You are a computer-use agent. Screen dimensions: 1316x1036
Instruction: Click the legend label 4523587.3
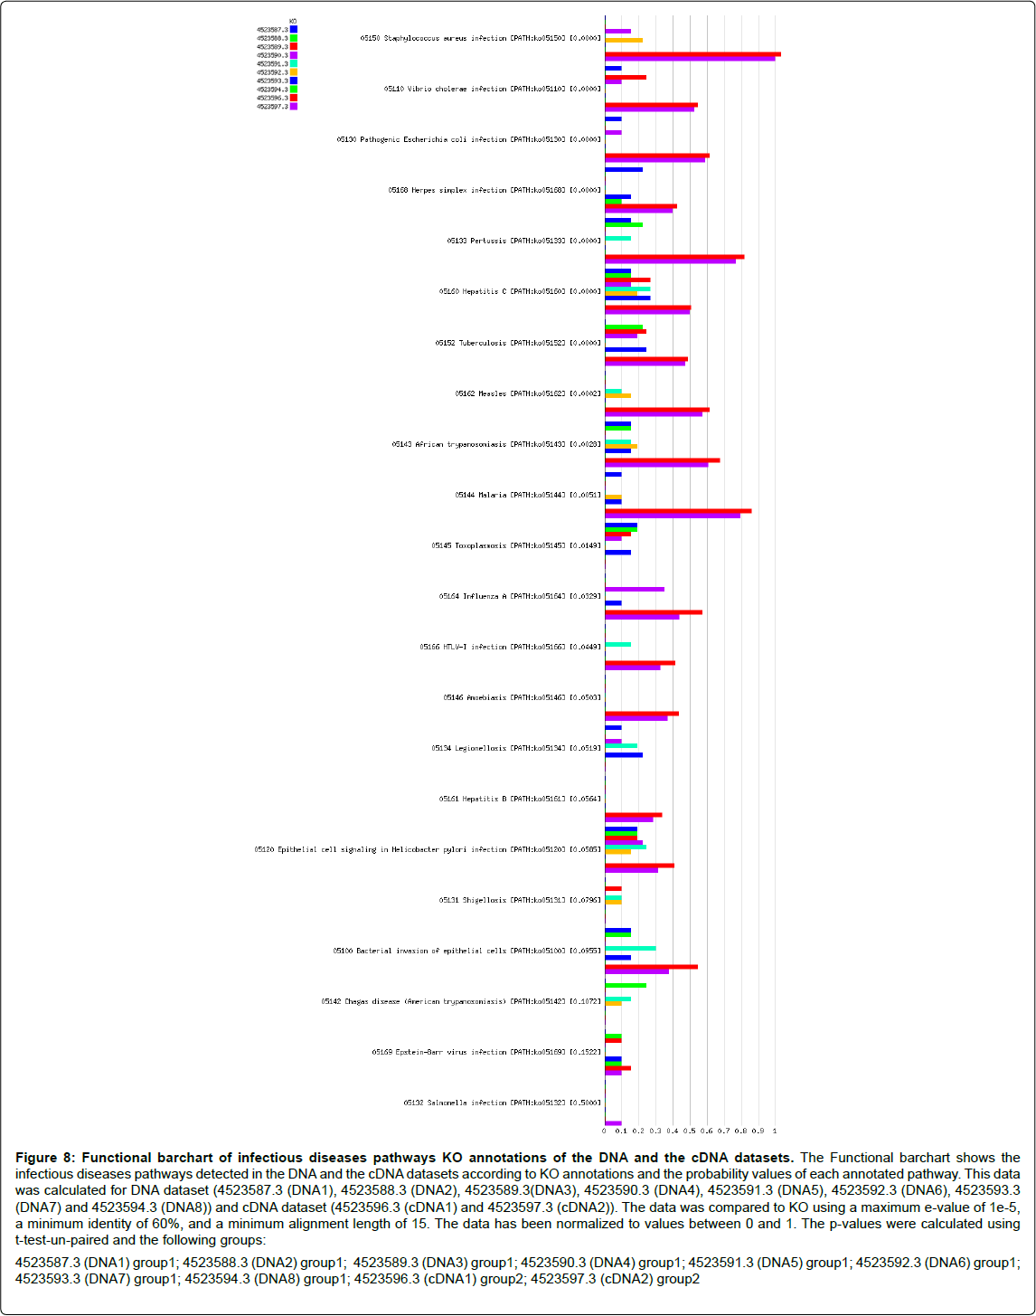click(x=272, y=30)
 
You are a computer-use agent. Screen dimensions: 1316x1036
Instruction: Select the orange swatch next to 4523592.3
click(x=294, y=72)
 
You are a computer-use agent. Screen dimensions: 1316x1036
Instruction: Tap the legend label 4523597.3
click(x=272, y=107)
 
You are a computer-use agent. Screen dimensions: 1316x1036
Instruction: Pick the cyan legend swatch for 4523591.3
click(x=294, y=64)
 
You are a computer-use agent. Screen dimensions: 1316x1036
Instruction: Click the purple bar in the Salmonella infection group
click(x=613, y=1123)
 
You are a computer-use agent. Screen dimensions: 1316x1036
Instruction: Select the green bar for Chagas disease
click(x=626, y=985)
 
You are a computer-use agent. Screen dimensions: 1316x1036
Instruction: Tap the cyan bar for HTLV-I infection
click(x=617, y=644)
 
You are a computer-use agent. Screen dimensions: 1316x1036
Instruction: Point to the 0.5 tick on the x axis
click(x=690, y=1131)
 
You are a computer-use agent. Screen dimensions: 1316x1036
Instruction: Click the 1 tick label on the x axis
click(x=775, y=1131)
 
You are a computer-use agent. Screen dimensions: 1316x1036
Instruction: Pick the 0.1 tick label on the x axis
click(x=621, y=1131)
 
